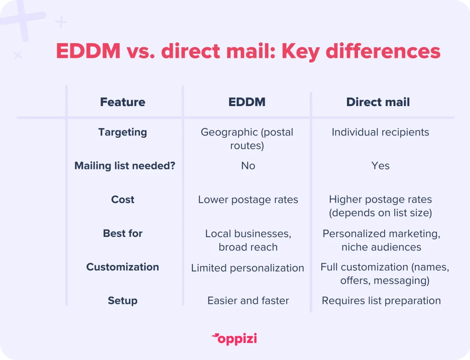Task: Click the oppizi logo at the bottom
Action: pos(235,339)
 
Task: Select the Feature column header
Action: pos(123,102)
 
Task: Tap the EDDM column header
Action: pos(247,102)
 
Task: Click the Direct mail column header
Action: pos(378,102)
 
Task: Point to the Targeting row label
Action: pos(123,132)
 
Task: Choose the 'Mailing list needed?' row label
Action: pos(125,166)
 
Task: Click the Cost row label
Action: pos(123,199)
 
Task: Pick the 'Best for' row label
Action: pos(123,233)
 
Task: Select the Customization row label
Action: pos(123,267)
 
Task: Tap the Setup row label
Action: pos(123,301)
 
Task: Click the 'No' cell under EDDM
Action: pos(248,166)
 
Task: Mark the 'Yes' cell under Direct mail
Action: pos(380,166)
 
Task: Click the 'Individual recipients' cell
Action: pos(380,132)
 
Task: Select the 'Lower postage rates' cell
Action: pos(248,200)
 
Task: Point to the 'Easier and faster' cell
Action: pos(248,301)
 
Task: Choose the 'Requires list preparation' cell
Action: pos(381,301)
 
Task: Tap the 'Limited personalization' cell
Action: pos(247,268)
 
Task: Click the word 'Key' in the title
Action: pos(301,51)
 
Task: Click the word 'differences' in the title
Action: pos(383,51)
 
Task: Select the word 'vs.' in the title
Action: pos(140,51)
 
